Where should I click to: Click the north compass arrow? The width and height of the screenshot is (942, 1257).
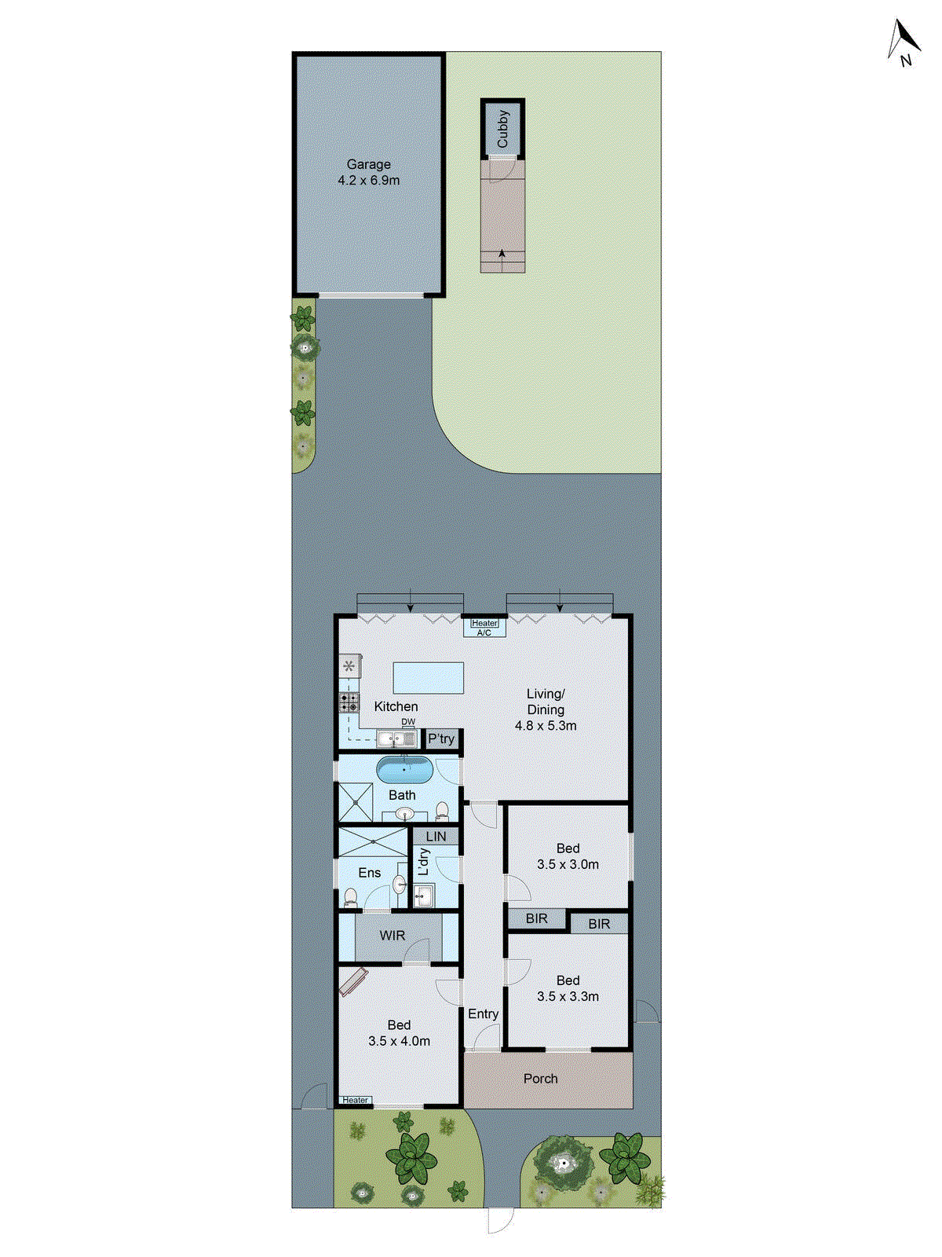pos(904,41)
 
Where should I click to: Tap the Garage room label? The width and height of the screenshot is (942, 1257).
pos(368,165)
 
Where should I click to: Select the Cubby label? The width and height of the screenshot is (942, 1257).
pos(503,128)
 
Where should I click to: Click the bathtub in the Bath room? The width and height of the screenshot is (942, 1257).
pos(404,770)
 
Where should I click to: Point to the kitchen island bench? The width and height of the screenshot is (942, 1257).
pos(428,677)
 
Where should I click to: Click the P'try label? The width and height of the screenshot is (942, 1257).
pos(441,738)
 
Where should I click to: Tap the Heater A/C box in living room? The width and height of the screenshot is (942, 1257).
pos(484,627)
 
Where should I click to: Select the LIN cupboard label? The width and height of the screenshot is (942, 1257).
pos(436,837)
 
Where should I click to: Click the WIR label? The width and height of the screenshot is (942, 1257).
pos(392,936)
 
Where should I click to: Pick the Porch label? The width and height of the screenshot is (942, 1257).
pos(541,1079)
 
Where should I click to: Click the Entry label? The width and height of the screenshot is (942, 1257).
pos(483,1014)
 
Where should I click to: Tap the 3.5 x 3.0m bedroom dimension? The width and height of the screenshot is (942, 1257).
pos(568,864)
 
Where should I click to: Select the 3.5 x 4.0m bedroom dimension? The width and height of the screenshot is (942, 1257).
pos(399,1041)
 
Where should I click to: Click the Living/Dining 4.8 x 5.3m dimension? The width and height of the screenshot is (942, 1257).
pos(546,726)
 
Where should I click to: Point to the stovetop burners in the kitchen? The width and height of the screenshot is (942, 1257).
pos(349,702)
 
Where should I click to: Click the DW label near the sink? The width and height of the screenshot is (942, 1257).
pos(408,722)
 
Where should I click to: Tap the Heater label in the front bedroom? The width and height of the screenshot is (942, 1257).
pos(355,1100)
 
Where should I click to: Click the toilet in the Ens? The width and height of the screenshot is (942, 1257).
pos(351,896)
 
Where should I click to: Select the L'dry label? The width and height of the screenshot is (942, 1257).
pos(423,862)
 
